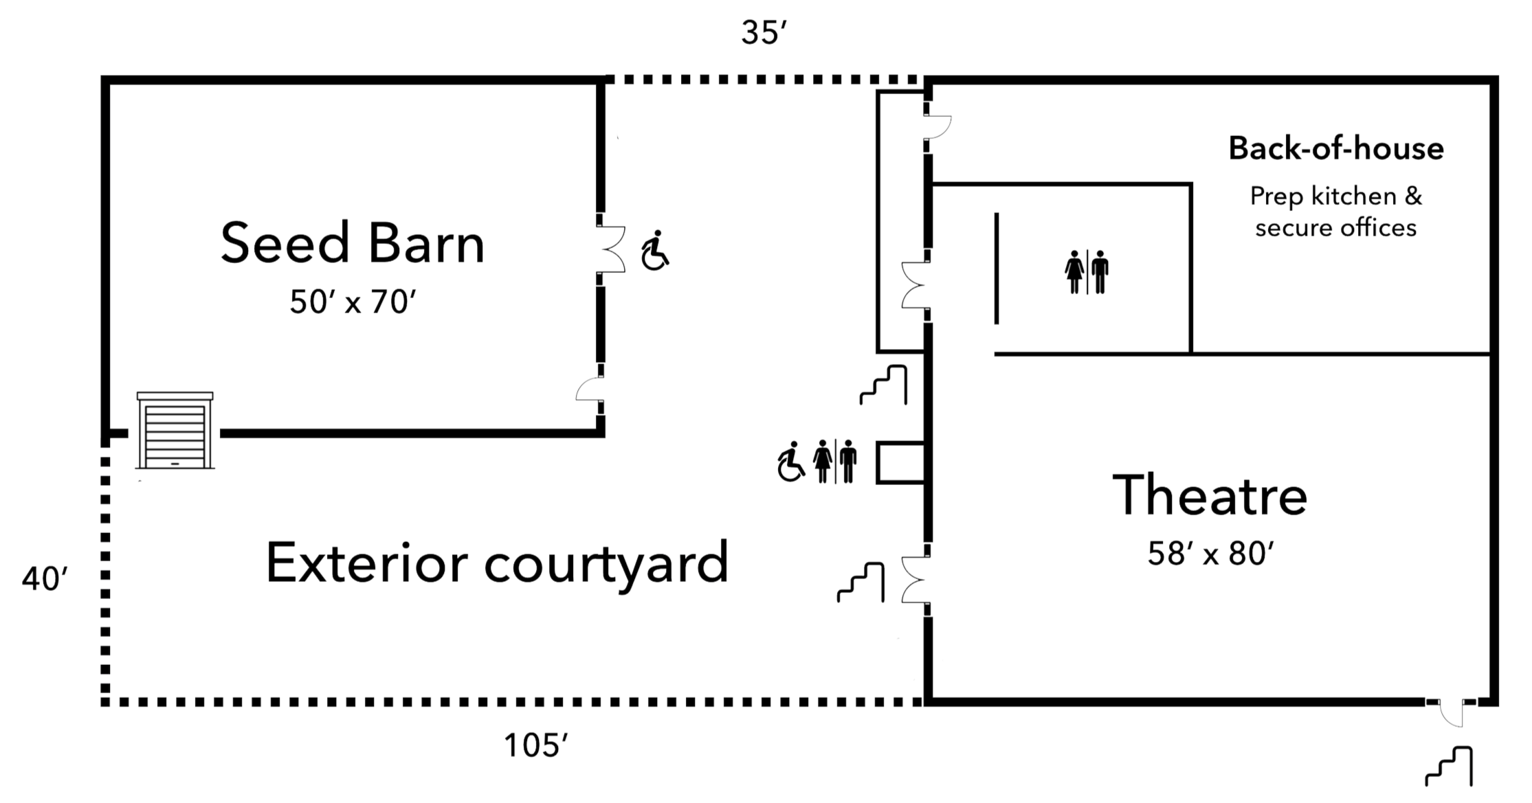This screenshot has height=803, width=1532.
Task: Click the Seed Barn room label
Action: (x=352, y=243)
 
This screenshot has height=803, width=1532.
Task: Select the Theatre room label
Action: (x=1210, y=495)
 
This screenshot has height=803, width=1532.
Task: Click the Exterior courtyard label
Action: (x=497, y=562)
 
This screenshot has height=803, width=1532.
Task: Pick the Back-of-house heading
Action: (x=1336, y=149)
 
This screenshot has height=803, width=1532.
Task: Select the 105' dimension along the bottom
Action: (x=537, y=745)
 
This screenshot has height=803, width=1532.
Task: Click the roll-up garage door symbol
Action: (x=175, y=431)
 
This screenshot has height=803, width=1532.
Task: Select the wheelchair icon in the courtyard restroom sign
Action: (x=792, y=462)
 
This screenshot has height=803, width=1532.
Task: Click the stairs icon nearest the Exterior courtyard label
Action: (x=859, y=582)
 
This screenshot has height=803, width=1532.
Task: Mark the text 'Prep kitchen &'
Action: (x=1335, y=197)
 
